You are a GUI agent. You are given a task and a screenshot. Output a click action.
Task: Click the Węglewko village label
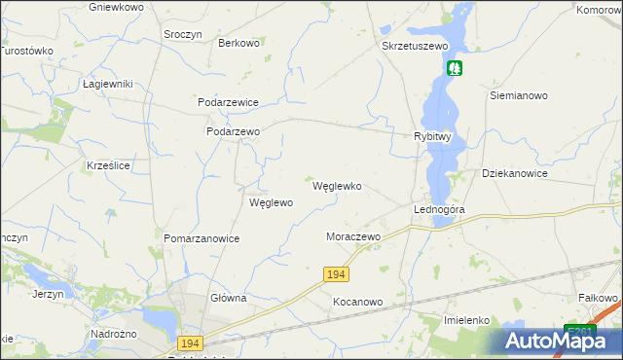pos(337,186)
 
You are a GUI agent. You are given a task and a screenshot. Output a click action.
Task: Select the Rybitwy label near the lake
pos(432,137)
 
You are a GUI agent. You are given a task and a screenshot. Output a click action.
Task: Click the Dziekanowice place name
pos(515,173)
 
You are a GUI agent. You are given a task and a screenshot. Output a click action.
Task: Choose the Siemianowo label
pos(519,96)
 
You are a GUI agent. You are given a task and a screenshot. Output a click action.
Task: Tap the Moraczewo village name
pos(352,236)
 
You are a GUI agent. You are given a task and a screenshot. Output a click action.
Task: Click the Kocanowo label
pos(357,302)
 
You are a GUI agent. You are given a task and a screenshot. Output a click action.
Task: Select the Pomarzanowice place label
pos(202,238)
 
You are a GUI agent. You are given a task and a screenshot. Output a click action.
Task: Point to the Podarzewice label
pos(228,101)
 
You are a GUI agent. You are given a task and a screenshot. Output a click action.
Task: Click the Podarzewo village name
pos(233,131)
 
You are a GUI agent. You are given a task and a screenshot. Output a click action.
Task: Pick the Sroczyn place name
pos(183,34)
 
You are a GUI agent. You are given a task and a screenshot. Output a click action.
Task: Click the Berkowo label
pos(238,43)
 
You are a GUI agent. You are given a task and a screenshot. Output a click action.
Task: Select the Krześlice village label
pos(108,166)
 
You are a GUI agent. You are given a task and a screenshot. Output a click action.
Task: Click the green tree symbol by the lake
pos(455,68)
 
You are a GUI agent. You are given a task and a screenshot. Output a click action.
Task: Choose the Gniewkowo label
pos(116,7)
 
